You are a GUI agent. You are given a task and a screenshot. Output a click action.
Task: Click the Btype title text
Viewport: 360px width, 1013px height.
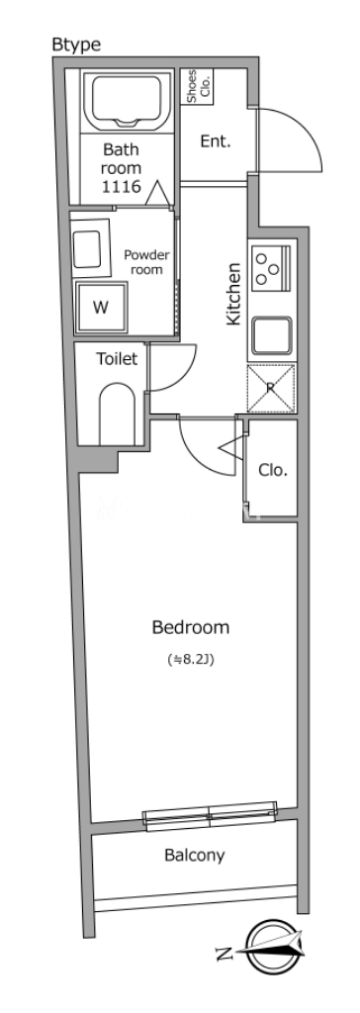pos(76,45)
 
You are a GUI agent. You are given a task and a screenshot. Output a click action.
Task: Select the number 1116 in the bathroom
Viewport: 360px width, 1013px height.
pos(122,187)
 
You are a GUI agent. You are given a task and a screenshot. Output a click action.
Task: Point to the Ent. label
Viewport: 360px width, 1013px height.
pos(216,141)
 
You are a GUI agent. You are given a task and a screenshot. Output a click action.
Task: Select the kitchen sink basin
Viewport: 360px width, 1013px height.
pos(272,335)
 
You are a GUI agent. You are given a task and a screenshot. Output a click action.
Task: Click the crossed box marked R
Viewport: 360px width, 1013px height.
pos(271,388)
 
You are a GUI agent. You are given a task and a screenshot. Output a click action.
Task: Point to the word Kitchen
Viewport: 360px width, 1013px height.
pos(232,294)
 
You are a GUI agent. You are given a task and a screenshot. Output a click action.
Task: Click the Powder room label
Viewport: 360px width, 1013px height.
pos(146,261)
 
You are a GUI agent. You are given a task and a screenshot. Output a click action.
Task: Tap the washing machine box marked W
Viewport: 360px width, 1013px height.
pos(101,307)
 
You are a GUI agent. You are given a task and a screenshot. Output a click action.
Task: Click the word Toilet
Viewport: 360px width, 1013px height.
pos(117,359)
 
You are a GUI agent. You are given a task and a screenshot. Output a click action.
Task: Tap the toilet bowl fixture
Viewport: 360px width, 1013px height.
pos(117,413)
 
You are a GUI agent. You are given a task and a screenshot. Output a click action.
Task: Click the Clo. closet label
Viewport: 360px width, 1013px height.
pos(273,471)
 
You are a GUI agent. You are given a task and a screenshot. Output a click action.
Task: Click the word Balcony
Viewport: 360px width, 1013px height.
pos(195,856)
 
